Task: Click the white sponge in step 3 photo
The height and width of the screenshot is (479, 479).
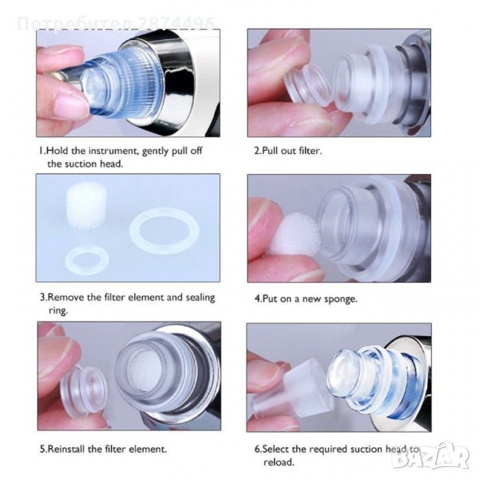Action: click(86, 206)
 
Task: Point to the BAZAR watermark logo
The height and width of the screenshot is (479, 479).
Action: click(431, 457)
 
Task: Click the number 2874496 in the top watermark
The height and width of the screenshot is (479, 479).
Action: click(176, 23)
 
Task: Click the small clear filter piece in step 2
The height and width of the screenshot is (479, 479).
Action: click(307, 86)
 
